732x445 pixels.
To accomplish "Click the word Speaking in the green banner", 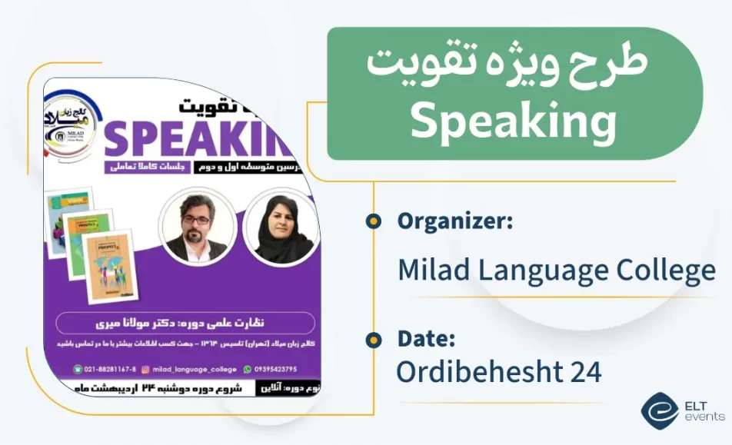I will coord(513,121).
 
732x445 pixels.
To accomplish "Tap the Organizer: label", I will coord(455,222).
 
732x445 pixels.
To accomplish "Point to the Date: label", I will coord(426,338).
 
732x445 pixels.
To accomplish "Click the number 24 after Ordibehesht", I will coord(586,371).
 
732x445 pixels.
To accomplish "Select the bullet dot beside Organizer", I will coord(374,222).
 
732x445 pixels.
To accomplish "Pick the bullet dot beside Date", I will coord(374,339).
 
